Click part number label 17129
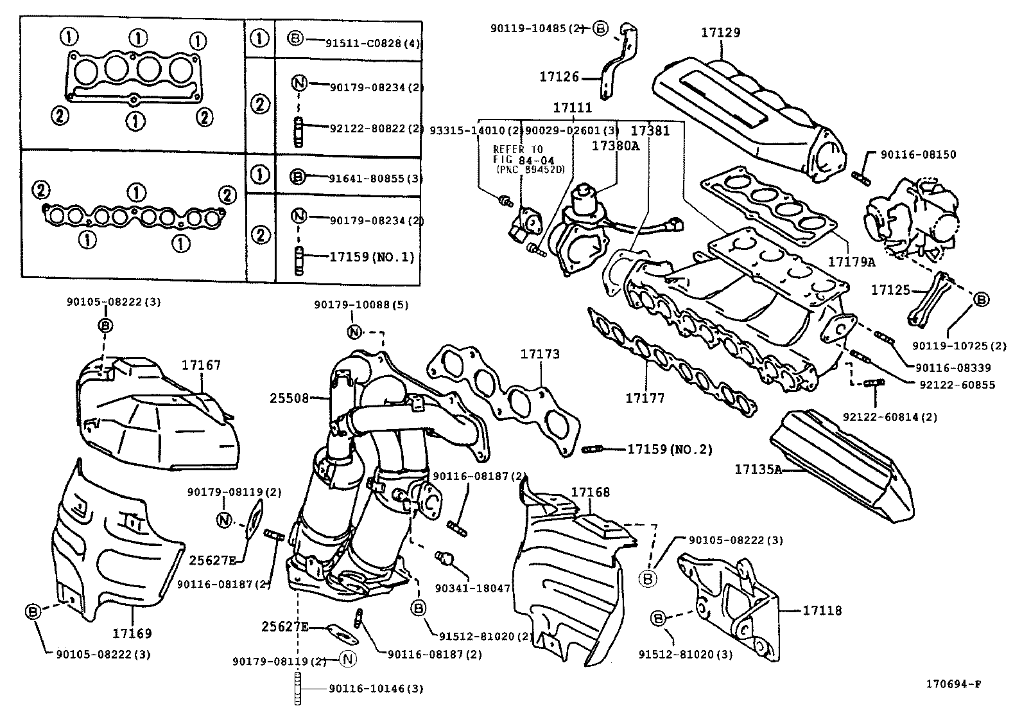[x=720, y=33]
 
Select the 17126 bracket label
[x=559, y=77]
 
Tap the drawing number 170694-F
[x=953, y=684]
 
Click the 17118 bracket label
[x=822, y=610]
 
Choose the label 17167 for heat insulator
[x=201, y=365]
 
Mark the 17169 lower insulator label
[x=133, y=633]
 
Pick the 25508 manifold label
[x=289, y=398]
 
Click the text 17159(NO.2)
[x=670, y=449]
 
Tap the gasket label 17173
[x=539, y=354]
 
